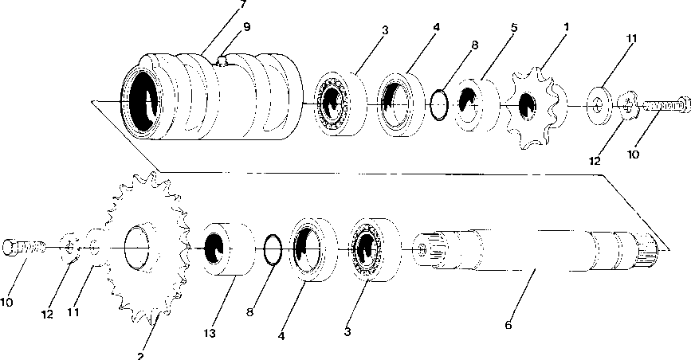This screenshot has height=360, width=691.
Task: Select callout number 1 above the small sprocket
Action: click(x=565, y=26)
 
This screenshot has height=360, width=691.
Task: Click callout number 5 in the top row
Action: click(x=513, y=26)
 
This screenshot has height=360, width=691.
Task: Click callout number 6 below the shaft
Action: click(x=508, y=324)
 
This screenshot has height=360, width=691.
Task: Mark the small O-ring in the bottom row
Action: click(x=271, y=248)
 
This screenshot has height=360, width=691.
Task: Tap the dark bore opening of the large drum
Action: click(x=144, y=99)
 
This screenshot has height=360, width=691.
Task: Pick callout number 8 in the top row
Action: click(x=474, y=45)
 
